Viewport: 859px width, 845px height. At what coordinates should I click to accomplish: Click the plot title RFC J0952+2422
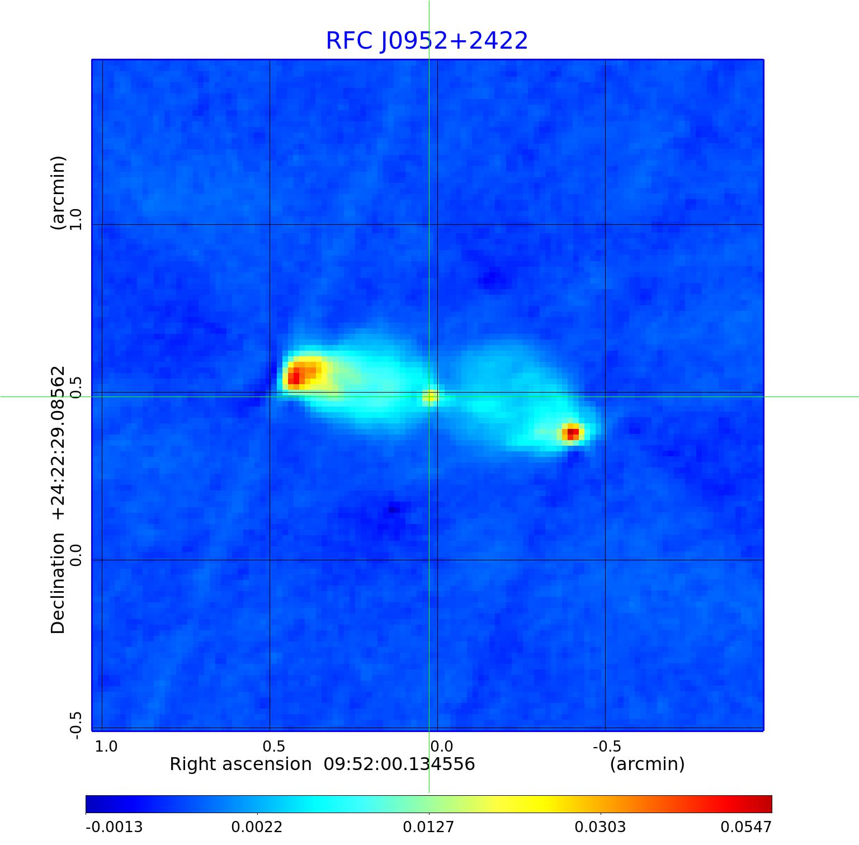[427, 41]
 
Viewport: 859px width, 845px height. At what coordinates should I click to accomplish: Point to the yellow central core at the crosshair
[429, 396]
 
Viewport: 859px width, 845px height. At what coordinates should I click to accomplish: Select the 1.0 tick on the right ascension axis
[106, 746]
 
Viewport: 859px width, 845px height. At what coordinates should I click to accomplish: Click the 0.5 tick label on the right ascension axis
[274, 746]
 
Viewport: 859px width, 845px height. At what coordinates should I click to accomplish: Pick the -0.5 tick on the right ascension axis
[606, 746]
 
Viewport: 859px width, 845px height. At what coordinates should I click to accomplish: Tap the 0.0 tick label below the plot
[441, 746]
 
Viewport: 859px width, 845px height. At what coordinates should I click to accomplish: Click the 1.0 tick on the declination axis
[75, 219]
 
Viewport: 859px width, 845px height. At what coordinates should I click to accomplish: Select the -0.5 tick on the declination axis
[75, 725]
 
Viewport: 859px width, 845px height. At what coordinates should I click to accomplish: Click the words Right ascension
[240, 764]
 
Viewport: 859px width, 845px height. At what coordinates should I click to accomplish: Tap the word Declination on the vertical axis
[58, 583]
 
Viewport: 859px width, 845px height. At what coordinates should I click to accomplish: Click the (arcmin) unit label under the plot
[647, 764]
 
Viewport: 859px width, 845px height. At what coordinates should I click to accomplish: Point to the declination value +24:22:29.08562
[58, 442]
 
